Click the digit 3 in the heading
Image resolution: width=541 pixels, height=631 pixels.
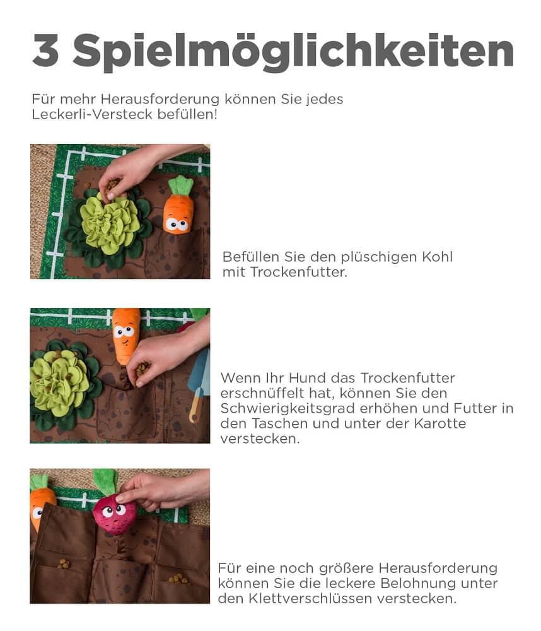[x=45, y=50]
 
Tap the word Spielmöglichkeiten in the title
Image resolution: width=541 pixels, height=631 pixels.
[x=293, y=51]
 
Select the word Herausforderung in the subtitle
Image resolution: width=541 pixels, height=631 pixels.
[x=160, y=99]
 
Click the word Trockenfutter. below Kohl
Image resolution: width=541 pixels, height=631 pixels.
[x=298, y=272]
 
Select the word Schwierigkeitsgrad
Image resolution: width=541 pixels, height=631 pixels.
[x=288, y=409]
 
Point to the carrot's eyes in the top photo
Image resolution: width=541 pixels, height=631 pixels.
[x=177, y=224]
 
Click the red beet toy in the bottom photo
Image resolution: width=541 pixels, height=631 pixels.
[x=114, y=515]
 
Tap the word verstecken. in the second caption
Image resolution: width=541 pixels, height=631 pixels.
[x=260, y=439]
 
